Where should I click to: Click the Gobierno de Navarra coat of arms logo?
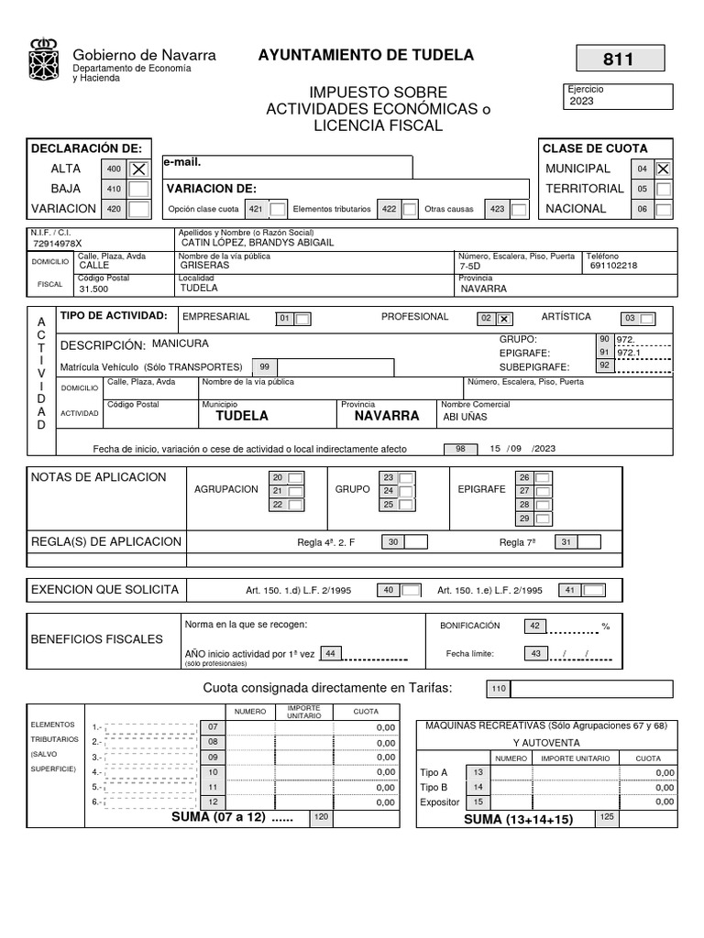pos(43,60)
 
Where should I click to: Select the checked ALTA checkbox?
pos(138,169)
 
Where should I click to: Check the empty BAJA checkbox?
pos(138,189)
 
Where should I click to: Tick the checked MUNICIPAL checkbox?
pos(663,169)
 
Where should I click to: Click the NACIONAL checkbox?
pos(663,209)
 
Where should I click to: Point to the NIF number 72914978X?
pos(57,244)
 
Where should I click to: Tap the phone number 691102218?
pos(613,266)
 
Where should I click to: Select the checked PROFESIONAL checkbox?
pos(503,319)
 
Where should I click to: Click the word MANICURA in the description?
pos(181,344)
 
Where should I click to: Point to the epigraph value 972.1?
pos(629,352)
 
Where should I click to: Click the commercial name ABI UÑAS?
pos(466,416)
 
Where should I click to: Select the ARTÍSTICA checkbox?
pos(647,319)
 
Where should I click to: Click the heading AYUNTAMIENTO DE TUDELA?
pos(366,55)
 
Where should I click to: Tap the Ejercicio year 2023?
pos(581,101)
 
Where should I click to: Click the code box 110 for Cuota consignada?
pos(499,689)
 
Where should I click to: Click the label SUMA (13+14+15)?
pos(518,819)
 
